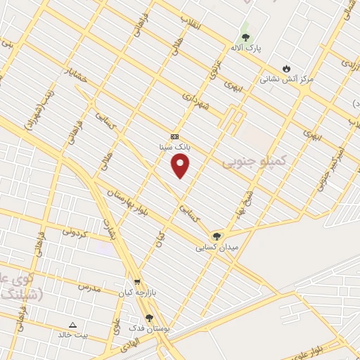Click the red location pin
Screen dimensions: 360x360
tap(181, 166)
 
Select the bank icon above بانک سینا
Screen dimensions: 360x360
tap(174, 136)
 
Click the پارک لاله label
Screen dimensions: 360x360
tap(246, 48)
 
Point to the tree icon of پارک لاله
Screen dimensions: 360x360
tap(245, 37)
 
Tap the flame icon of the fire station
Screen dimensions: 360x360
tap(286, 68)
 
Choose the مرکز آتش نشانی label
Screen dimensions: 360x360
tap(286, 79)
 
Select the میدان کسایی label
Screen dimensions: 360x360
tap(217, 247)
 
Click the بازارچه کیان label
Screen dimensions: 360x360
tap(136, 292)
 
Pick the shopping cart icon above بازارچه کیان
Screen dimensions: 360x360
tap(137, 281)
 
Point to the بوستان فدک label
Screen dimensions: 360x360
tap(148, 328)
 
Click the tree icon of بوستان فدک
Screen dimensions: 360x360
tap(148, 318)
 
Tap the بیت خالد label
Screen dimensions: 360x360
tap(73, 335)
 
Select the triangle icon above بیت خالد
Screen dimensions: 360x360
tap(72, 324)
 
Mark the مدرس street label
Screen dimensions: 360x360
tap(89, 287)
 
